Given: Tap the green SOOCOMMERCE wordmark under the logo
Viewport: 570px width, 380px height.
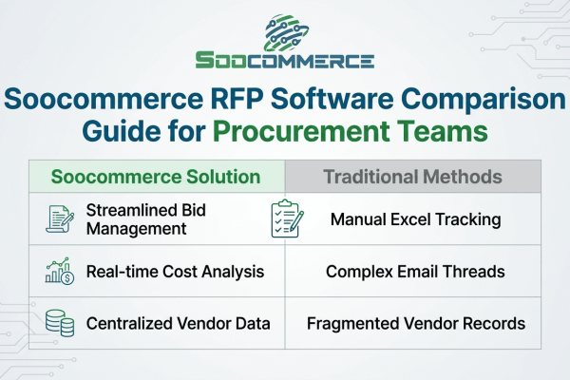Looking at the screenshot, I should pos(285,61).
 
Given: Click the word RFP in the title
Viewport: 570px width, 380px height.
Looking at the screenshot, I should pos(244,99).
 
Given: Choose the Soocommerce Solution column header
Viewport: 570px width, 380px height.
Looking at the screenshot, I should pos(156,178).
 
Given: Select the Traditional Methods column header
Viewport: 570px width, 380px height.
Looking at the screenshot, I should pos(413,178).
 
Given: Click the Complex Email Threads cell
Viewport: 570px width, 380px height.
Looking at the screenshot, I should pos(414,272).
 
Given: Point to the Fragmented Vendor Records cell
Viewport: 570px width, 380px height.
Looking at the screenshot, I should pos(415,323).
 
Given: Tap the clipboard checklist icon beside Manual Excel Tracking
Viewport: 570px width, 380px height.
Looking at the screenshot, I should pos(285,218).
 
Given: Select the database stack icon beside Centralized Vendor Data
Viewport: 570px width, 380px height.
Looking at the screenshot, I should pos(60,323).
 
